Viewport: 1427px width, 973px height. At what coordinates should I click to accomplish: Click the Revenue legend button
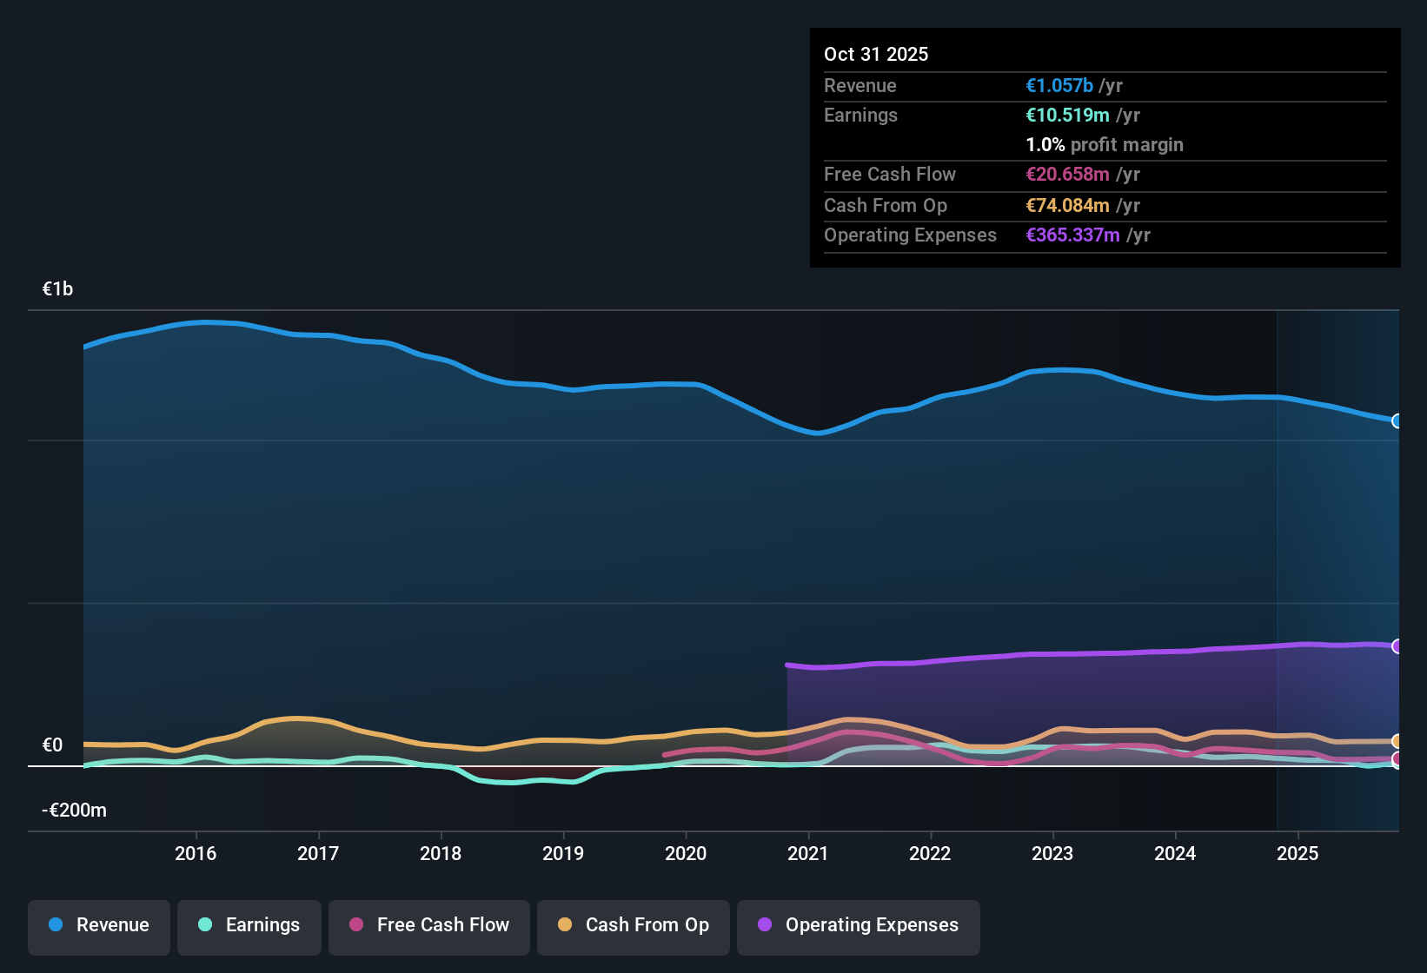pyautogui.click(x=99, y=925)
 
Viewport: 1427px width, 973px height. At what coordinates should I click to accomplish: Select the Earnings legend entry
pyautogui.click(x=249, y=925)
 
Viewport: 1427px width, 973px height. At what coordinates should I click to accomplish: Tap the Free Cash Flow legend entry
pyautogui.click(x=429, y=925)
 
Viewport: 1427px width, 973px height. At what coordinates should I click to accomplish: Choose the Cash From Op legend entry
pyautogui.click(x=634, y=925)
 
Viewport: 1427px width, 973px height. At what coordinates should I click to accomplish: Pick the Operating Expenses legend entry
pyautogui.click(x=859, y=925)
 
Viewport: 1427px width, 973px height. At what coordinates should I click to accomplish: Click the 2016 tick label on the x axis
pyautogui.click(x=196, y=853)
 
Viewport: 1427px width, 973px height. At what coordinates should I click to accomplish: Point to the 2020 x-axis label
pyautogui.click(x=686, y=853)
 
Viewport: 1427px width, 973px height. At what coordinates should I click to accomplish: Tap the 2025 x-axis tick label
pyautogui.click(x=1298, y=853)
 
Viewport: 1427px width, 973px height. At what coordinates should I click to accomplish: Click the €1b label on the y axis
pyautogui.click(x=57, y=289)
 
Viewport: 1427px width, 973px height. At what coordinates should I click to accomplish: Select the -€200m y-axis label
pyautogui.click(x=74, y=811)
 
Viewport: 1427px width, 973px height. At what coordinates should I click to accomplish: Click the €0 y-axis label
pyautogui.click(x=52, y=745)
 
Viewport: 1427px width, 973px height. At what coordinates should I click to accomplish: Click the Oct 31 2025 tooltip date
pyautogui.click(x=876, y=54)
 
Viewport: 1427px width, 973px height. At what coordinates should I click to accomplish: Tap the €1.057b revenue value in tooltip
pyautogui.click(x=1059, y=85)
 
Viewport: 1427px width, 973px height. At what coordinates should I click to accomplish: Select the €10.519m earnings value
pyautogui.click(x=1067, y=115)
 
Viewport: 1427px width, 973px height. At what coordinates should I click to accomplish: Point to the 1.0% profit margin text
pyautogui.click(x=1105, y=144)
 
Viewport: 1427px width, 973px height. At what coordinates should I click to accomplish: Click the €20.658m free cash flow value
pyautogui.click(x=1067, y=174)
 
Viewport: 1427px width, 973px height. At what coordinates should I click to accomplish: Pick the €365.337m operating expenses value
pyautogui.click(x=1072, y=235)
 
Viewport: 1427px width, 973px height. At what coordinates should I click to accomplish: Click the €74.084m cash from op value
pyautogui.click(x=1067, y=205)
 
